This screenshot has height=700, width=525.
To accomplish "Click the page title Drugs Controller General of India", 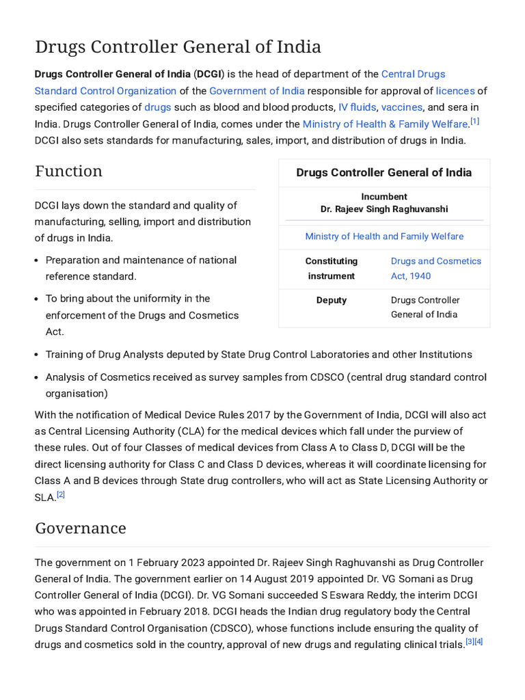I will [x=178, y=47].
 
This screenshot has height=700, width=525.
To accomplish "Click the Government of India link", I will [x=257, y=91].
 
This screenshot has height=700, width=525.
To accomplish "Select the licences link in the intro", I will [x=455, y=91].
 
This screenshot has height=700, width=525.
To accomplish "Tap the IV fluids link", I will [x=357, y=107].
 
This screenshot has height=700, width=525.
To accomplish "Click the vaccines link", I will [x=402, y=107].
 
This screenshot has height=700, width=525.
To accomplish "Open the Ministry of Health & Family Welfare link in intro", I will [x=385, y=124].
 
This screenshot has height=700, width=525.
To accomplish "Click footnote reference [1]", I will [x=474, y=122].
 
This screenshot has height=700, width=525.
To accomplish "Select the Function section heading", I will [x=68, y=171].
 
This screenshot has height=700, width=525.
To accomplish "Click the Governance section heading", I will [x=81, y=528].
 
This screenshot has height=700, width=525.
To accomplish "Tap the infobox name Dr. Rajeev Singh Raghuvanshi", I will [x=384, y=209].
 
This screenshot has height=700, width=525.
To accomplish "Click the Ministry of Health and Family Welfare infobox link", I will [x=384, y=237].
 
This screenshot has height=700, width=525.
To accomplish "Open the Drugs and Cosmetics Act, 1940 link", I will [x=435, y=269].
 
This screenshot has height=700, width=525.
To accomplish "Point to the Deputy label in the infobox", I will [x=332, y=300].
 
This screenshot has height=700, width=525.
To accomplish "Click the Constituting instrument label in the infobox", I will [x=332, y=269].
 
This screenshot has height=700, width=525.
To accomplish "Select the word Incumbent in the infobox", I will [x=384, y=197].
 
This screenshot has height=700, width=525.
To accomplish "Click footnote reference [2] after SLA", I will [x=61, y=494].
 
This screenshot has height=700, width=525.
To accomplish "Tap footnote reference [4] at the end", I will [x=479, y=642].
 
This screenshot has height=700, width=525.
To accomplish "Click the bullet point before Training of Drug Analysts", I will [x=37, y=355].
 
